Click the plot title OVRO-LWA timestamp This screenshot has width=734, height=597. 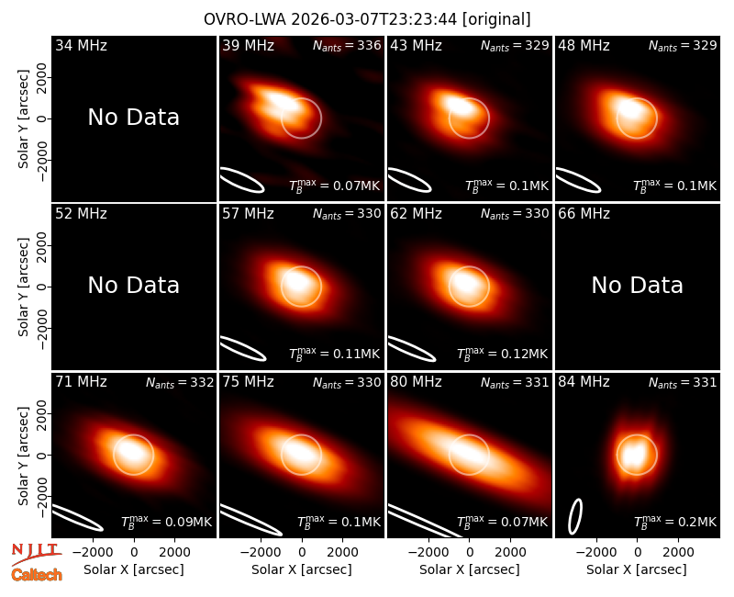(367, 19)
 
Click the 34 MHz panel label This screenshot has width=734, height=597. (81, 45)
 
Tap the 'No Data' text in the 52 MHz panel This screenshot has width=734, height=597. (134, 285)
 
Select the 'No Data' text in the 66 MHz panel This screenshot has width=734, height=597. (637, 285)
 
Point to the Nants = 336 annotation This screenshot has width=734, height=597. (347, 45)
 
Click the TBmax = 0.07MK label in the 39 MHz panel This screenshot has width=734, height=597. (334, 186)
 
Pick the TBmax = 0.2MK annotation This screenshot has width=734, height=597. (675, 521)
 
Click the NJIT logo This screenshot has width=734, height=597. (37, 555)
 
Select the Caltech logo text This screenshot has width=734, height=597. (37, 575)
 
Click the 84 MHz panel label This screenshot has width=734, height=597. (584, 382)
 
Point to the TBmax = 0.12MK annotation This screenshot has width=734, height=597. (502, 354)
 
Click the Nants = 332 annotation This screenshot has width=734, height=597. (180, 382)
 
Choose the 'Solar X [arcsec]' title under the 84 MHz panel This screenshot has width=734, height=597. (637, 569)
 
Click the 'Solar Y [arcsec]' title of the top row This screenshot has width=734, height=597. (23, 119)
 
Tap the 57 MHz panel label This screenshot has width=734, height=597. (248, 214)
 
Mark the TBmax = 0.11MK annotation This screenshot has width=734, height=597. (334, 354)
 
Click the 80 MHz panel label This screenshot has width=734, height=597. (417, 382)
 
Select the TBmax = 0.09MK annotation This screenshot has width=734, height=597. (167, 521)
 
